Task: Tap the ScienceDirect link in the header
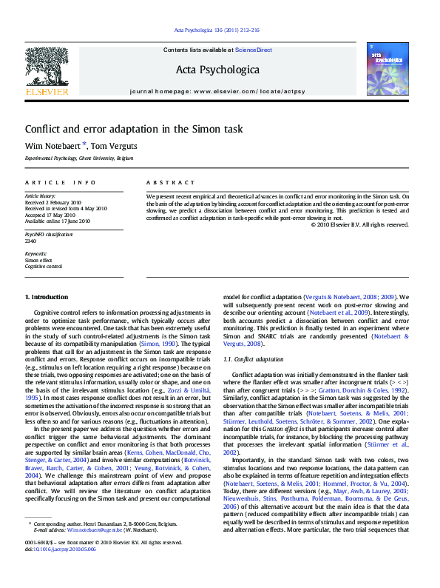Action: coord(254,50)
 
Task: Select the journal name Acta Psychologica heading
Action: coord(217,70)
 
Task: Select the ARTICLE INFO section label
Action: coord(61,182)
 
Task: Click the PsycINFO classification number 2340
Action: coord(31,241)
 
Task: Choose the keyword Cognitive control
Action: coord(43,266)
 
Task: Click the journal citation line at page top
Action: coord(216,30)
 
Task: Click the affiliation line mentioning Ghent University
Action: coord(79,158)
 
